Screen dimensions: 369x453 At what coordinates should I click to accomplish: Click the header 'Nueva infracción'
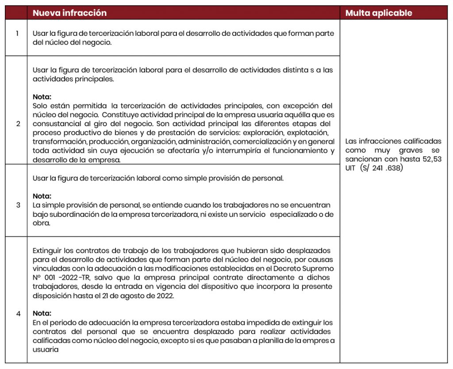pyautogui.click(x=69, y=13)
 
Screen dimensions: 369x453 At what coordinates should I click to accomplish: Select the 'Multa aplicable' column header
pyautogui.click(x=378, y=13)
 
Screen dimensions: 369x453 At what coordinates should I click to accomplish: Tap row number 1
pyautogui.click(x=17, y=34)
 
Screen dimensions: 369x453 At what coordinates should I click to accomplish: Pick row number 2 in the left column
pyautogui.click(x=18, y=123)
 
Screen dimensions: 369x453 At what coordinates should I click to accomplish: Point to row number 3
pyautogui.click(x=18, y=205)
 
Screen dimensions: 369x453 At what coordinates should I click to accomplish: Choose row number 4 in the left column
pyautogui.click(x=18, y=314)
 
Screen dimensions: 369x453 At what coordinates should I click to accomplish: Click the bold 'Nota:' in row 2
pyautogui.click(x=42, y=96)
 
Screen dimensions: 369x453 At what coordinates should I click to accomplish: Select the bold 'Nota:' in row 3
pyautogui.click(x=42, y=196)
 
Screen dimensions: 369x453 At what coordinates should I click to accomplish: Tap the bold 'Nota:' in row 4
pyautogui.click(x=42, y=313)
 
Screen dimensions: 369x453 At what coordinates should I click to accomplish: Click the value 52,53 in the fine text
pyautogui.click(x=432, y=159)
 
